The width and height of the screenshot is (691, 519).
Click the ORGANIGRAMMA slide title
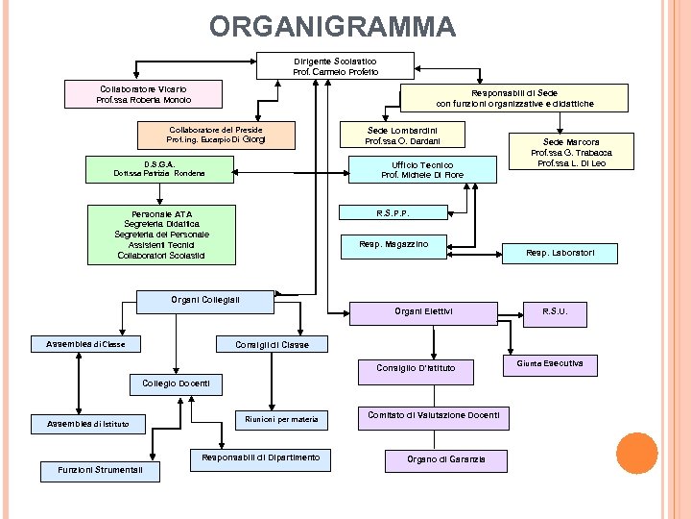(332, 25)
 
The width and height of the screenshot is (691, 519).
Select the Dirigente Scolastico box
(336, 66)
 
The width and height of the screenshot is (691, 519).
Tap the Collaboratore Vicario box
(144, 94)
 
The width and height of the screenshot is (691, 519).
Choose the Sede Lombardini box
(402, 135)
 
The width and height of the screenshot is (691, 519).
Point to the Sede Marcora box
(571, 152)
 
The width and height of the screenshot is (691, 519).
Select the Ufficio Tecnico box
(422, 170)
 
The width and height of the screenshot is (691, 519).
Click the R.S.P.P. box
(394, 212)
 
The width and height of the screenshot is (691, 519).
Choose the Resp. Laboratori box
(560, 253)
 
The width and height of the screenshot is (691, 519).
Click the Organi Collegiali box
(205, 300)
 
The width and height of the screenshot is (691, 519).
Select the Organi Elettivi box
(423, 311)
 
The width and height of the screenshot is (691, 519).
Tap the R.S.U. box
(555, 311)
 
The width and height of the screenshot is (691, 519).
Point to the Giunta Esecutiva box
(550, 364)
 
